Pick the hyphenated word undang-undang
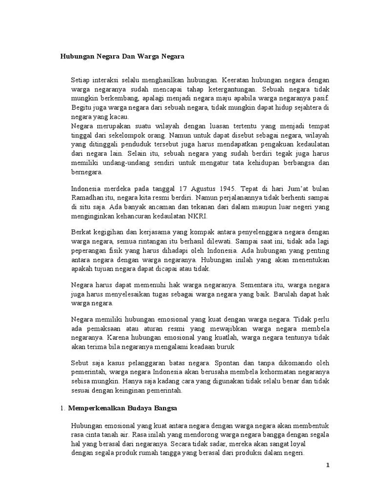(x=120, y=163)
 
